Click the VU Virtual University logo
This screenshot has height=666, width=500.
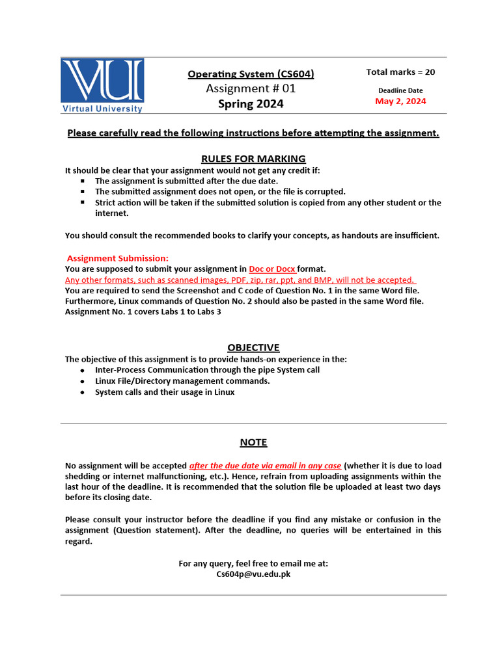[x=102, y=86]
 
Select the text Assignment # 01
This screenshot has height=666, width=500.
[x=251, y=88]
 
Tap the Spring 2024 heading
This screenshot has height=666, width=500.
[x=251, y=104]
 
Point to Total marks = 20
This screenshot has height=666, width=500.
[x=400, y=72]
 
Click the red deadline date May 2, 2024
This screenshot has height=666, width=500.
[x=400, y=101]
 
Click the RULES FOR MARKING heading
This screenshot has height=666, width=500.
[x=253, y=159]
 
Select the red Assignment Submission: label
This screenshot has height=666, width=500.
[x=118, y=258]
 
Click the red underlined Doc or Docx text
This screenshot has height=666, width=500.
[x=272, y=269]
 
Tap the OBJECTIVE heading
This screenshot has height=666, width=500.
[x=253, y=347]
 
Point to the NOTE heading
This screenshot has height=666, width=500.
[x=253, y=442]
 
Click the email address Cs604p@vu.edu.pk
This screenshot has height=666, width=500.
[x=253, y=574]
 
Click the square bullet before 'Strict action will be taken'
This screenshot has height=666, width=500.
[x=83, y=202]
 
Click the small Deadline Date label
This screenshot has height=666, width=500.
[x=400, y=90]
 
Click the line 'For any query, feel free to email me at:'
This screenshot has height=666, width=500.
[x=253, y=563]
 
